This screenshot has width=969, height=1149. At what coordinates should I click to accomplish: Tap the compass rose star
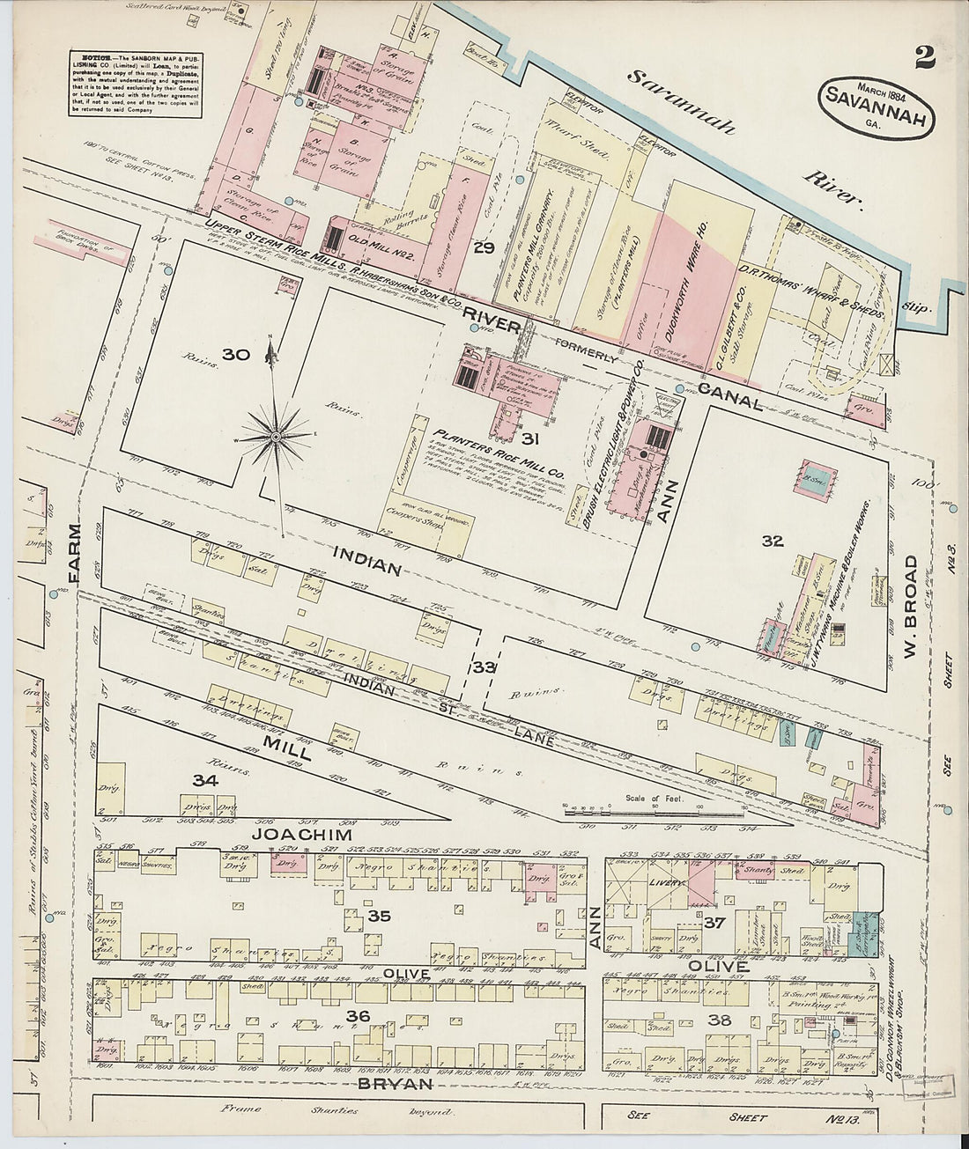tap(276, 436)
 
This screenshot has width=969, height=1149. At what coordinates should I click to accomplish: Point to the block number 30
tap(236, 355)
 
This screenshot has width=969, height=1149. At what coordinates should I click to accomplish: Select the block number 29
tap(484, 248)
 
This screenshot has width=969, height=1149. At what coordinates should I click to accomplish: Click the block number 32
tap(772, 541)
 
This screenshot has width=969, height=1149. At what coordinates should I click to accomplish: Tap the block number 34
tap(204, 779)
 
